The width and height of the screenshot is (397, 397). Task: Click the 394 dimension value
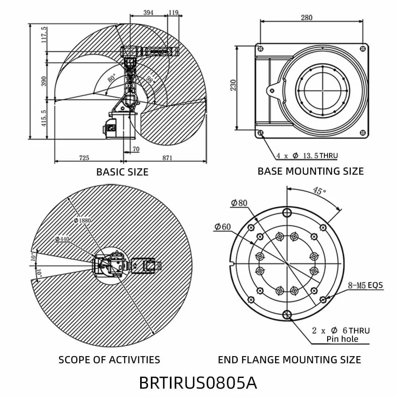click(148, 13)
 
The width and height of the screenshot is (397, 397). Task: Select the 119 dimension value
click(173, 13)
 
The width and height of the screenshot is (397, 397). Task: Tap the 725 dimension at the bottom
click(84, 158)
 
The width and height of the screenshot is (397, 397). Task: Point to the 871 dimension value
click(167, 158)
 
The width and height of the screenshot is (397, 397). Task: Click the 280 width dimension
click(306, 17)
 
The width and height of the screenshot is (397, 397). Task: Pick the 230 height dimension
click(234, 85)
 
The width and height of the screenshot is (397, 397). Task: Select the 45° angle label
click(319, 191)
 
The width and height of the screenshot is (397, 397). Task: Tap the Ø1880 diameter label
click(82, 220)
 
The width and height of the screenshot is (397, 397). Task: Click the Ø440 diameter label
click(63, 239)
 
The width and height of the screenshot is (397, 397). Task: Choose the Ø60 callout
click(222, 227)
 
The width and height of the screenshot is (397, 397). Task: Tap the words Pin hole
click(342, 339)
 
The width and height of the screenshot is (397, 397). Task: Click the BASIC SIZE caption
click(122, 172)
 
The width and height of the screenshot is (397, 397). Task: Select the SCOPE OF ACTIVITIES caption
click(109, 360)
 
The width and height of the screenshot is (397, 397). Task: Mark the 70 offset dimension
click(136, 150)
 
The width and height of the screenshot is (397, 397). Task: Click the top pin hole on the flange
click(287, 213)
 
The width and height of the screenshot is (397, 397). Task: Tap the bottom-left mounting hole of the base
click(260, 133)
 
